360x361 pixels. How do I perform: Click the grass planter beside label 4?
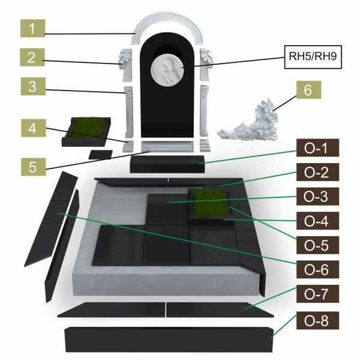(x=88, y=129)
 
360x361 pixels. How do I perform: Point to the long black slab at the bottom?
(x=168, y=339)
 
